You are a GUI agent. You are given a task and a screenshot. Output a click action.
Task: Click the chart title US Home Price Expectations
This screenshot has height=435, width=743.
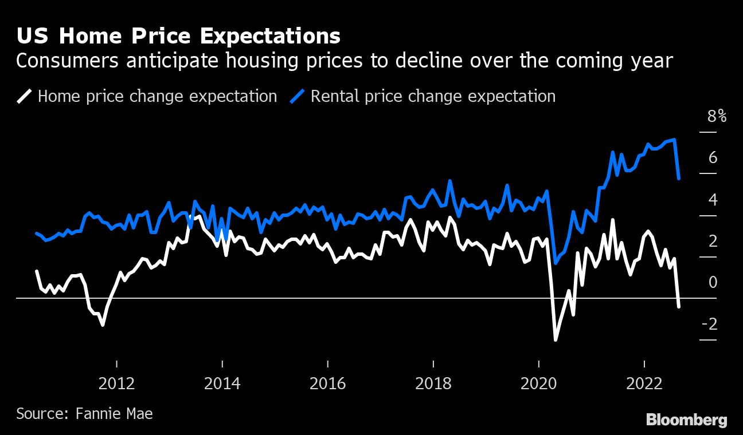(x=178, y=36)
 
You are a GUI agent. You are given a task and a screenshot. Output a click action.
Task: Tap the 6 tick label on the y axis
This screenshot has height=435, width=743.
(x=713, y=157)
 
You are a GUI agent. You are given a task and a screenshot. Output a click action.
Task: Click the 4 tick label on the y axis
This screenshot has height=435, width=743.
(x=713, y=199)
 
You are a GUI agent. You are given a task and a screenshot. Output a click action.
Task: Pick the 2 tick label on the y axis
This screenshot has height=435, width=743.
(x=713, y=241)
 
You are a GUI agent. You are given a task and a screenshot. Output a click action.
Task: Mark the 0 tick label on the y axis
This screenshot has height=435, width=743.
(x=713, y=282)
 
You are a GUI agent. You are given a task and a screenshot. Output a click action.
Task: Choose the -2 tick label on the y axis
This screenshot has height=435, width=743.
(x=710, y=324)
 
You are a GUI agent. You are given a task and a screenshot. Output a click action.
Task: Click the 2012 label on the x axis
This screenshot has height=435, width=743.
(x=116, y=383)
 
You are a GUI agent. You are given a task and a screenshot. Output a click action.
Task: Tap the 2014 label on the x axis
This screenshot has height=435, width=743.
(x=222, y=383)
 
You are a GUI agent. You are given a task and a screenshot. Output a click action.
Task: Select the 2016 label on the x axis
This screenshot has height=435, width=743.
(x=327, y=383)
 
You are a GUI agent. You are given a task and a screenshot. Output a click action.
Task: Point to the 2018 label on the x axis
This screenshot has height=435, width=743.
(x=433, y=383)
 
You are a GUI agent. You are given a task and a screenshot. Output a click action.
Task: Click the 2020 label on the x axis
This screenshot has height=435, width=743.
(x=539, y=383)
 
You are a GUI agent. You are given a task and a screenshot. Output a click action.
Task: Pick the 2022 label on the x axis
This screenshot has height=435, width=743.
(x=644, y=383)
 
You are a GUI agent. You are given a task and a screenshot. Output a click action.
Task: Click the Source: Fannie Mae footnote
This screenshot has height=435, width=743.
(x=84, y=413)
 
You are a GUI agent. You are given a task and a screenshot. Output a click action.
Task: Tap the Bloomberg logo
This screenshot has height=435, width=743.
(x=687, y=420)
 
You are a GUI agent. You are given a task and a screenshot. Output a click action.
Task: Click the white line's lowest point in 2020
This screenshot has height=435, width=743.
(x=555, y=340)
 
